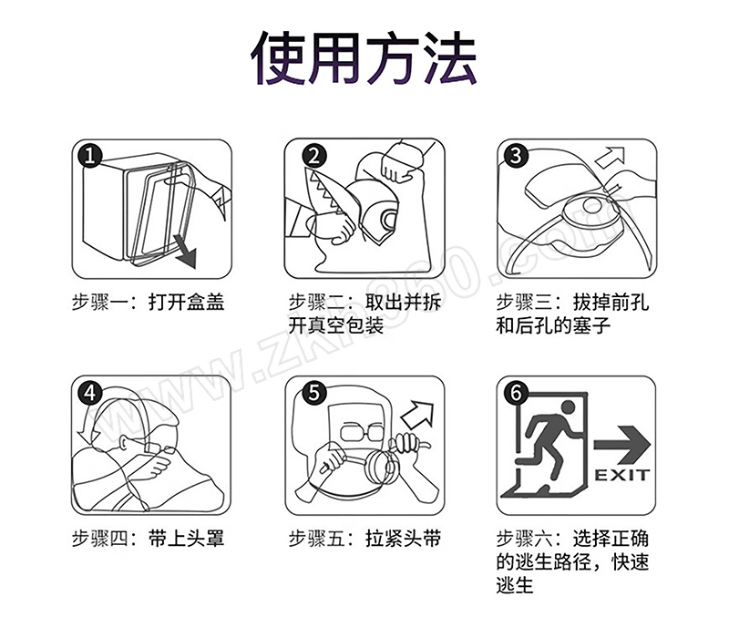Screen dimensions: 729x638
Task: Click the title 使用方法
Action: point(364,58)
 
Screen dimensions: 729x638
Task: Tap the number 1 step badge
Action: point(89,155)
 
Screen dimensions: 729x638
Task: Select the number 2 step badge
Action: point(314,155)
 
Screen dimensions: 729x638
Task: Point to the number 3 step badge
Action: point(516,155)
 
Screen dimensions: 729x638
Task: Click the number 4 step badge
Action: point(89,393)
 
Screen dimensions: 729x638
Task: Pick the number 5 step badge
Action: point(314,393)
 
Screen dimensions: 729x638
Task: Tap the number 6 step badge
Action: point(516,393)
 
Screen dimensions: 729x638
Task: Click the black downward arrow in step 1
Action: point(185,252)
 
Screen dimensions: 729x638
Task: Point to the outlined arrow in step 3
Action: point(610,157)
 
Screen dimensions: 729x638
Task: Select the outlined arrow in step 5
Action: point(417,414)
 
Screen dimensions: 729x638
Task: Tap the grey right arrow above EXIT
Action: point(622,445)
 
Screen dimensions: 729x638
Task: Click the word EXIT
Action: point(622,475)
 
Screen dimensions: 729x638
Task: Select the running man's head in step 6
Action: point(568,406)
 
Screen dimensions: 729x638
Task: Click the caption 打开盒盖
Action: point(187,303)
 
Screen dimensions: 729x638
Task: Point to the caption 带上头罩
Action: point(187,539)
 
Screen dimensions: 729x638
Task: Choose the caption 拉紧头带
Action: point(403,539)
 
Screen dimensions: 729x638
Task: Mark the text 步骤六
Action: point(525,539)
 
